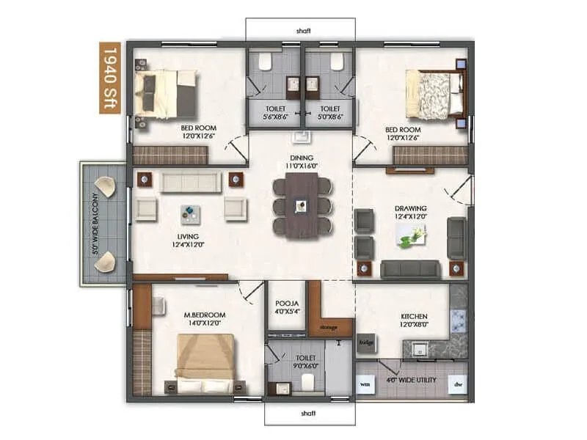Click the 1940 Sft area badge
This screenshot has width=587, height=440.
(110, 78)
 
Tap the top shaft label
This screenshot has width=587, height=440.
(302, 31)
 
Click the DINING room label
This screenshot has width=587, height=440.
(302, 162)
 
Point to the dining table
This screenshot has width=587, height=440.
(302, 205)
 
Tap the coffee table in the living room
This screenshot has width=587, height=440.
(189, 213)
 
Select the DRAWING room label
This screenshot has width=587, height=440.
(410, 213)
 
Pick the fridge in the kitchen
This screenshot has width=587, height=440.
(366, 342)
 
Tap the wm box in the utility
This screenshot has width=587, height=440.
(365, 383)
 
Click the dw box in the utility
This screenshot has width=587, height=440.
(457, 383)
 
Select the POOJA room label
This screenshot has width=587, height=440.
(285, 306)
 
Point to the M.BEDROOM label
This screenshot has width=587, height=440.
(204, 319)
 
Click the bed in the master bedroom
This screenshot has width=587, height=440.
(205, 364)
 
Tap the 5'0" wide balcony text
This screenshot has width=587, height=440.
(95, 224)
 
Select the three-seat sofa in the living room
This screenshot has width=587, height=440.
(191, 182)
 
